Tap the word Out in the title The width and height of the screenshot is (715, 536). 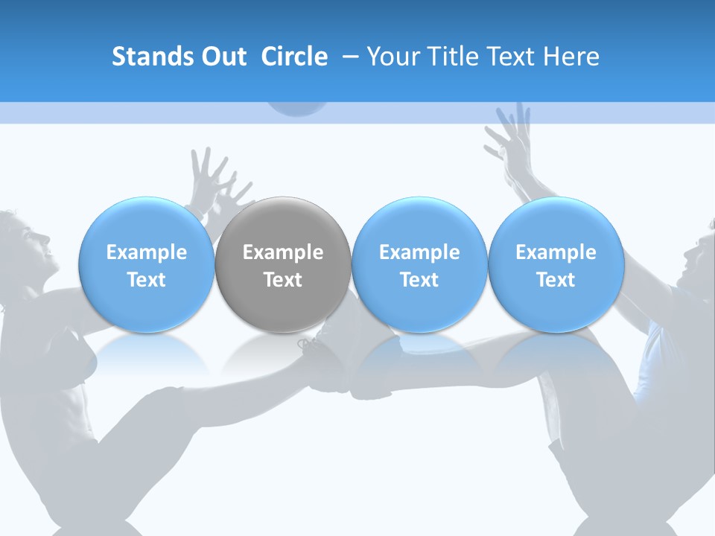coord(221,57)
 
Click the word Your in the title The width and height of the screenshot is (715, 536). coord(391,57)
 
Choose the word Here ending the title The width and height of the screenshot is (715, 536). coord(571,57)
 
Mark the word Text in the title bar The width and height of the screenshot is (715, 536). coord(509,57)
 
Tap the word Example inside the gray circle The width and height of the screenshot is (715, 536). coord(283,252)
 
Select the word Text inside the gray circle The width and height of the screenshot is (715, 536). coord(283,280)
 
